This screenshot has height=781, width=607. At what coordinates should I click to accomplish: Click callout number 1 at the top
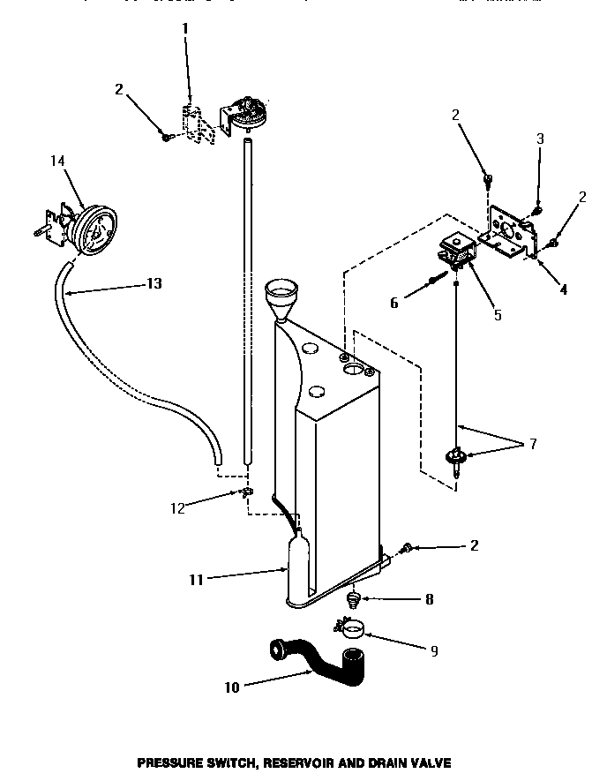(185, 28)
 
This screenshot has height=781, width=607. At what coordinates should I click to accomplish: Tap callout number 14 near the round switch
(57, 161)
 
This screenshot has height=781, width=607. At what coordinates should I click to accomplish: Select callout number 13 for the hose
(154, 284)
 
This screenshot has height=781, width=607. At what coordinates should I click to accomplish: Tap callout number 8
(429, 599)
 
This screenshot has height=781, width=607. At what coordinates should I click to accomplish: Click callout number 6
(393, 302)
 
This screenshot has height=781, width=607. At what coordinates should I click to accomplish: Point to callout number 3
(540, 139)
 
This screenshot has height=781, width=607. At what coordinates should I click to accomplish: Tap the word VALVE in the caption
(431, 762)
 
